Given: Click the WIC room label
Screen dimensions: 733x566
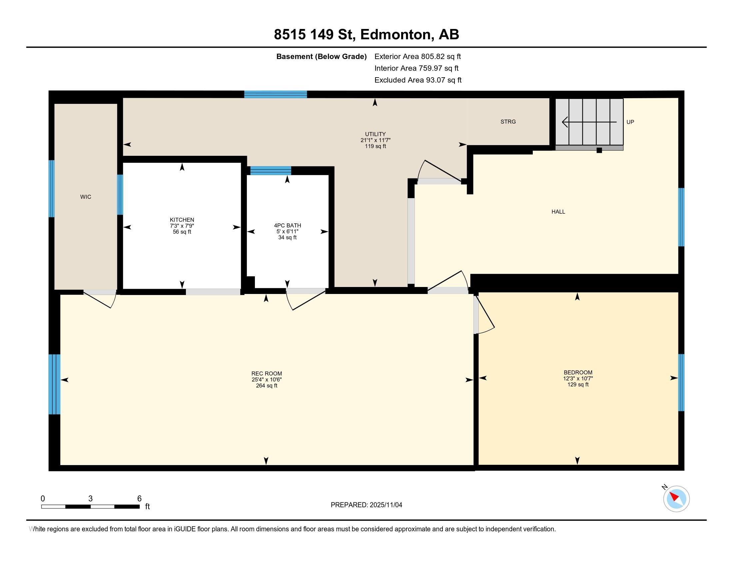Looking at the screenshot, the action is click(86, 197).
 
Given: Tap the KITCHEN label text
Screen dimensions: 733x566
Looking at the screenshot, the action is click(182, 220).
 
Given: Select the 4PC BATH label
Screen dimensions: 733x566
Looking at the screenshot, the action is click(287, 226).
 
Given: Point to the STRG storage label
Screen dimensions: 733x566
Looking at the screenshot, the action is click(508, 122).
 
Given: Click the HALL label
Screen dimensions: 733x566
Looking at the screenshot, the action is click(558, 211).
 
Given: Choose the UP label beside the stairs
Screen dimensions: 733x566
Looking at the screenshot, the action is click(630, 122).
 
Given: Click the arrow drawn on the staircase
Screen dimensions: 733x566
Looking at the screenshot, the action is click(589, 122).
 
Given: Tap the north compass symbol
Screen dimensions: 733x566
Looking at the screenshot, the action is click(676, 498).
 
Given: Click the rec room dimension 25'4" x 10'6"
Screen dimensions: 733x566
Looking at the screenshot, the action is click(267, 380).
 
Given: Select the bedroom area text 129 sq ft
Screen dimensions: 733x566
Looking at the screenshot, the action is click(578, 385).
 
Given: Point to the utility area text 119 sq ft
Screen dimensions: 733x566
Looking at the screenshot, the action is click(375, 146).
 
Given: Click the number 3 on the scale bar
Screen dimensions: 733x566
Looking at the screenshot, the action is click(90, 499).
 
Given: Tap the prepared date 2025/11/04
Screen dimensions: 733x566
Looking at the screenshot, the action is click(385, 505).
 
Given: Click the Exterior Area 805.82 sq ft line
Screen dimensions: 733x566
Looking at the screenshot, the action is click(418, 56).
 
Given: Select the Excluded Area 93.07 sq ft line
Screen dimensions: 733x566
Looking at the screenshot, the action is click(418, 80).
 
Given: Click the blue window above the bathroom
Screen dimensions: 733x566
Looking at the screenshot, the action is click(271, 171).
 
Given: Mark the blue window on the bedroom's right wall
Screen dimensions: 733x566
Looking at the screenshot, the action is click(681, 383).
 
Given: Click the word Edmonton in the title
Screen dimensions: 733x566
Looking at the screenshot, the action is click(396, 35).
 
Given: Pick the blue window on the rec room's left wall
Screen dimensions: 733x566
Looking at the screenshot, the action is click(54, 384).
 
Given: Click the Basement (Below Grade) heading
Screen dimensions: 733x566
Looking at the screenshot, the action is click(321, 57).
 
